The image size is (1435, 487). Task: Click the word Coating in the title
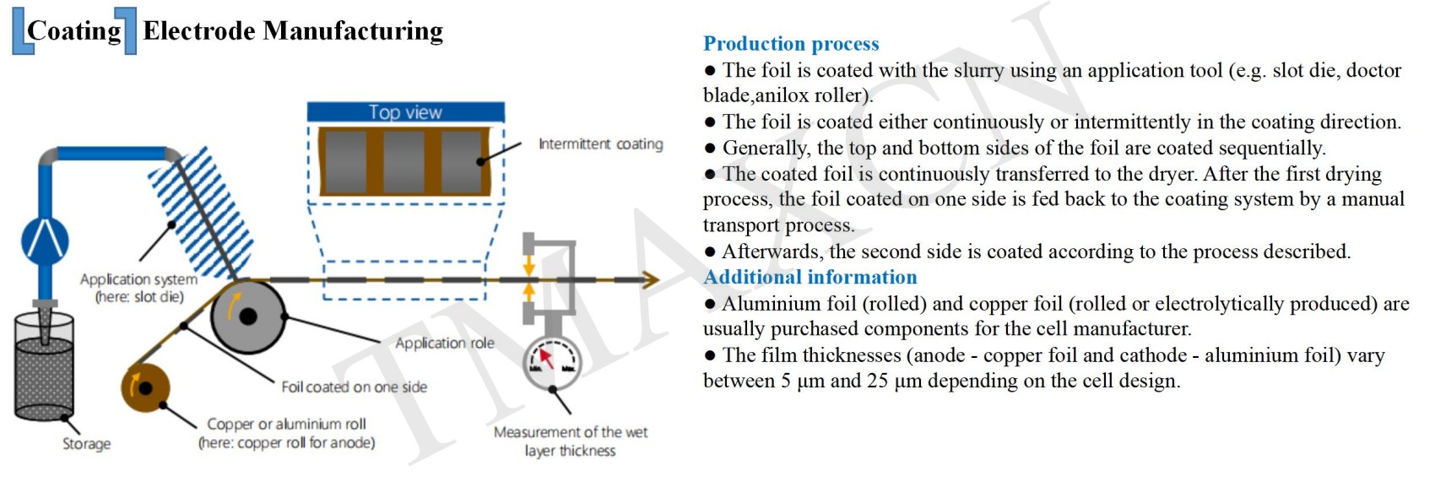(74, 31)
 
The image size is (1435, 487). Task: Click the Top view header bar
(405, 112)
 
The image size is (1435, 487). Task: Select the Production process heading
(791, 44)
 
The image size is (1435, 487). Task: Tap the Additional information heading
(810, 278)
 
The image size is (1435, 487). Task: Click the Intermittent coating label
(600, 144)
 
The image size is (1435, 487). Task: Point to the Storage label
(86, 444)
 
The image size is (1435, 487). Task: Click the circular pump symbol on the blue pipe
(45, 240)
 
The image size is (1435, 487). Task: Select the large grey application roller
(247, 317)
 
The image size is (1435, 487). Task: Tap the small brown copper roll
(145, 388)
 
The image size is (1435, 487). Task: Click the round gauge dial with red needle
(551, 362)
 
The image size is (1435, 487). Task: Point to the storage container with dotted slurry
(44, 368)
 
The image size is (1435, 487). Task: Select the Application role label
(445, 344)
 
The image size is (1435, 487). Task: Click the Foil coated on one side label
(354, 387)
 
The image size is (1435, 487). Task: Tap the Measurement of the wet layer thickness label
(571, 441)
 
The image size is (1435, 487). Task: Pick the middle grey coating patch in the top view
(403, 162)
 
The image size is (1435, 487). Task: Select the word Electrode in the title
(199, 31)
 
